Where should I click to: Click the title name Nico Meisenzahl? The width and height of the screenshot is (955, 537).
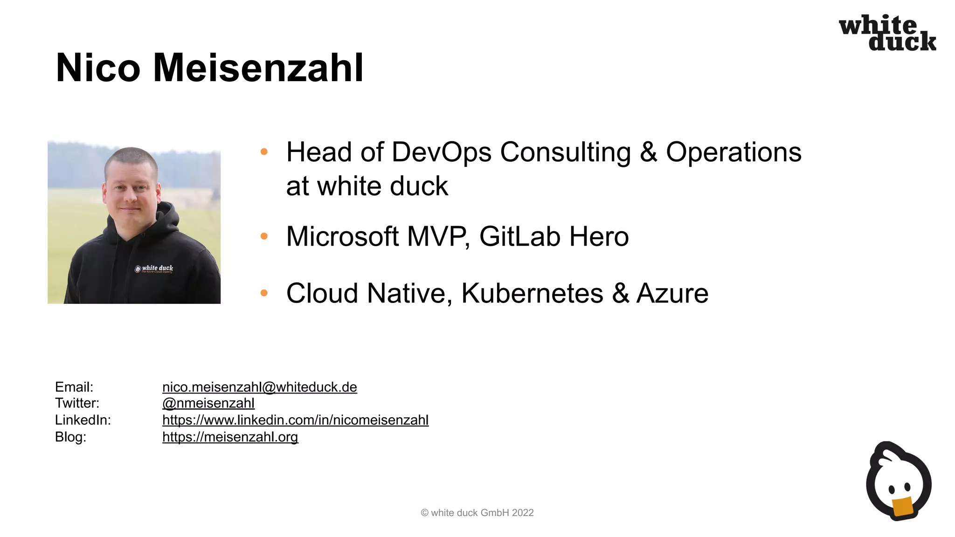click(x=209, y=68)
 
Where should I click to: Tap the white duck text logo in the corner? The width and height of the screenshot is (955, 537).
click(x=887, y=33)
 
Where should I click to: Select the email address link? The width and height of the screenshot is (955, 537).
click(x=259, y=387)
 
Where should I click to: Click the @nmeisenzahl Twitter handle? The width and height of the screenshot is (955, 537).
click(x=208, y=403)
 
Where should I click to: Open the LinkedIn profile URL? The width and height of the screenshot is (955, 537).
click(x=295, y=420)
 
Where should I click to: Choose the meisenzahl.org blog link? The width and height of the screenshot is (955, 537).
click(x=230, y=437)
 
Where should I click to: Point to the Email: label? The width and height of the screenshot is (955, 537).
click(x=74, y=387)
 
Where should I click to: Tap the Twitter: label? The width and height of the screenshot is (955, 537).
click(x=77, y=403)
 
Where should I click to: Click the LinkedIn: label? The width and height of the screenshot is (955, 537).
click(x=83, y=420)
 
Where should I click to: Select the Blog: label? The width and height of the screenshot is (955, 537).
click(x=70, y=437)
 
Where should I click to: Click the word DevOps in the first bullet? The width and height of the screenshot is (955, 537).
click(x=441, y=152)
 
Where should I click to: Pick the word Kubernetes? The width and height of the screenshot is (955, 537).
click(x=532, y=294)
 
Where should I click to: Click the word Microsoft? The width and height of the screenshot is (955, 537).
click(x=342, y=237)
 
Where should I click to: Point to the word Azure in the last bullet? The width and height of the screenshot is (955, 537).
click(x=672, y=294)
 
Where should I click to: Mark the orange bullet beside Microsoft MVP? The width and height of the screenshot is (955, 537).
click(x=264, y=236)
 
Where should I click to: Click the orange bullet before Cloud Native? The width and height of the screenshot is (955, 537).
click(x=264, y=293)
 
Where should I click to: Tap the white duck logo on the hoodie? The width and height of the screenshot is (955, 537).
click(x=154, y=269)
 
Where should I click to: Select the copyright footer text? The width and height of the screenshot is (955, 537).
click(x=477, y=513)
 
